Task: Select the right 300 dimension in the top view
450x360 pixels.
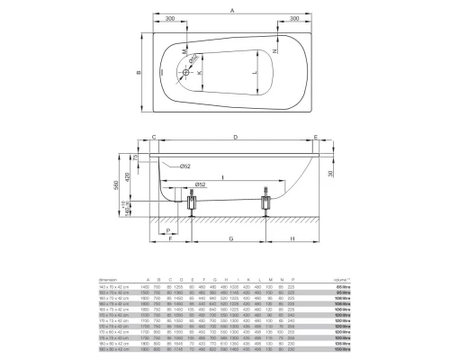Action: [296, 19]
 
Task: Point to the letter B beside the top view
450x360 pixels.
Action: [126, 74]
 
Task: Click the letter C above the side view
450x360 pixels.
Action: [154, 137]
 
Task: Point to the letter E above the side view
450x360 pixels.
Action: [316, 137]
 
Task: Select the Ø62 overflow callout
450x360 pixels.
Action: [183, 166]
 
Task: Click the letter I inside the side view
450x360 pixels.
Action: [225, 178]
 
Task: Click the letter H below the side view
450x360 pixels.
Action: [293, 239]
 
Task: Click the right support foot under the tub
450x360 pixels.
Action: [266, 203]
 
